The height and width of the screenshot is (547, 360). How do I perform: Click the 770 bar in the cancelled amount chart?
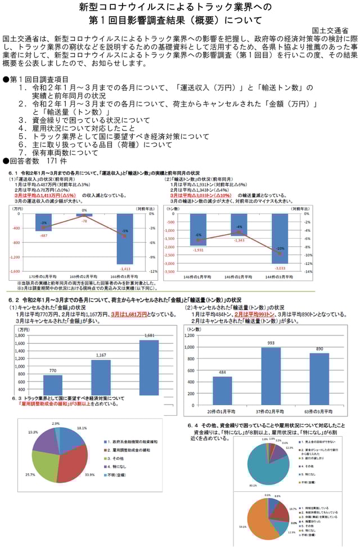pyautogui.click(x=53, y=385)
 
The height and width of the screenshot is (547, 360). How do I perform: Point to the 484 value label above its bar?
pyautogui.click(x=222, y=373)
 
